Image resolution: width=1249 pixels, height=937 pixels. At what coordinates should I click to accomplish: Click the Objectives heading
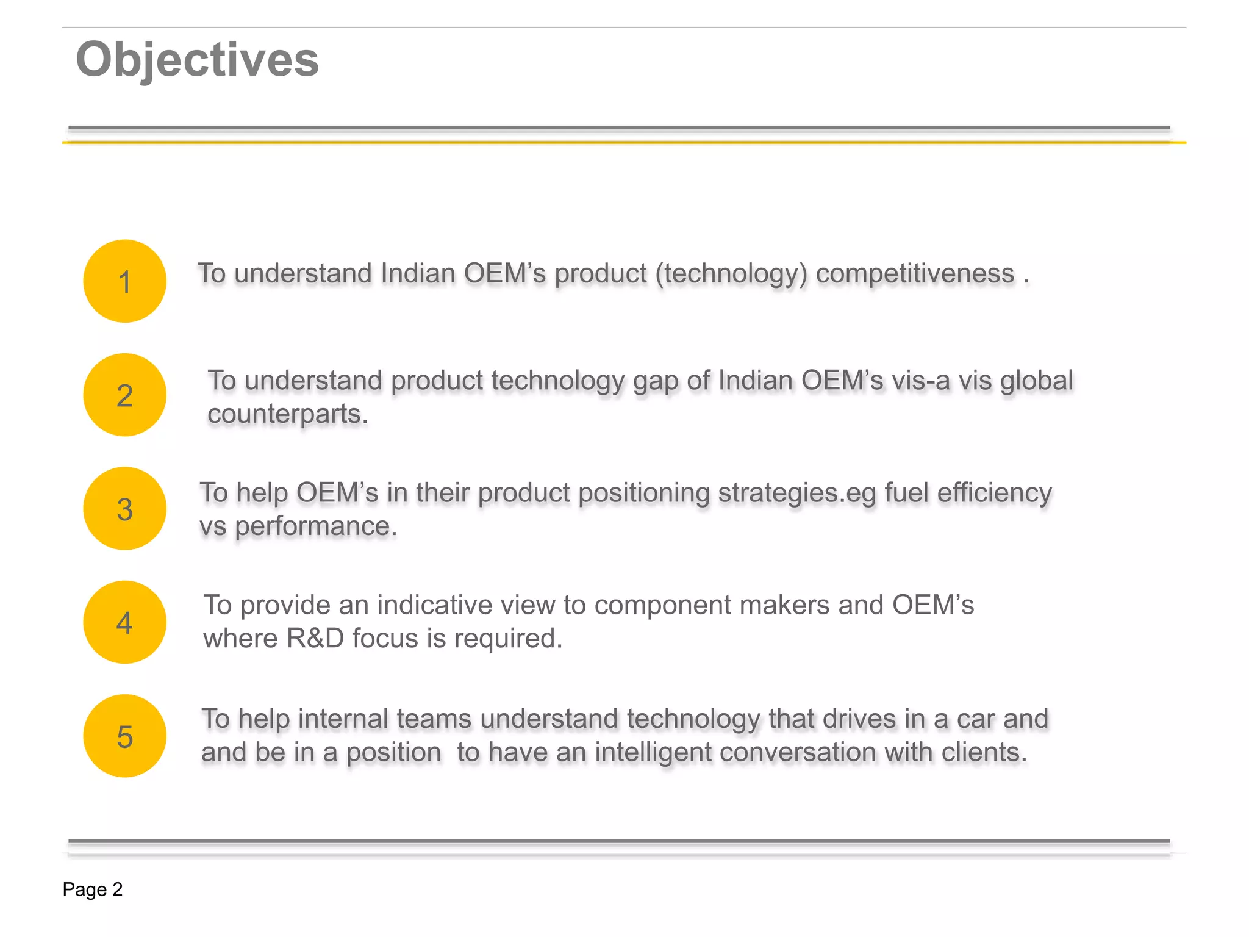[197, 60]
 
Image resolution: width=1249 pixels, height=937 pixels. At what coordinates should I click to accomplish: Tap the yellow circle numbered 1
[125, 281]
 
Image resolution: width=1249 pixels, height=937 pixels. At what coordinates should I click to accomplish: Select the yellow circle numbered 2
[125, 395]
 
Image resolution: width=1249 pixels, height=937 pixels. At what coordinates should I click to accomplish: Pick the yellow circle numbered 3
[125, 509]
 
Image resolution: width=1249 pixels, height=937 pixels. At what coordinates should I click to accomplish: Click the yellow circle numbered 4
[125, 622]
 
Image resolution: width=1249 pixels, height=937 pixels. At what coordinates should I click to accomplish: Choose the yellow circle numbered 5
[125, 736]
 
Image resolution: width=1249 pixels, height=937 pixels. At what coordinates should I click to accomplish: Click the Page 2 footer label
[93, 889]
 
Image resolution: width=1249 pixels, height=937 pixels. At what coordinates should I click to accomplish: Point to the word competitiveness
[915, 273]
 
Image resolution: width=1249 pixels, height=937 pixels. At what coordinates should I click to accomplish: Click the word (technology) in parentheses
[731, 274]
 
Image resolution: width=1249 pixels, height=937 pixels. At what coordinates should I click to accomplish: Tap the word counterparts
[287, 414]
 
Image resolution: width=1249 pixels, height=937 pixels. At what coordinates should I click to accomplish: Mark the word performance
[315, 526]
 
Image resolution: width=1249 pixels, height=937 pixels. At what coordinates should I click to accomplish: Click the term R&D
[315, 639]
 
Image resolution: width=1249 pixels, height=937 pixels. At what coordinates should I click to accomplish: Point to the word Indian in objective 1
[418, 273]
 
